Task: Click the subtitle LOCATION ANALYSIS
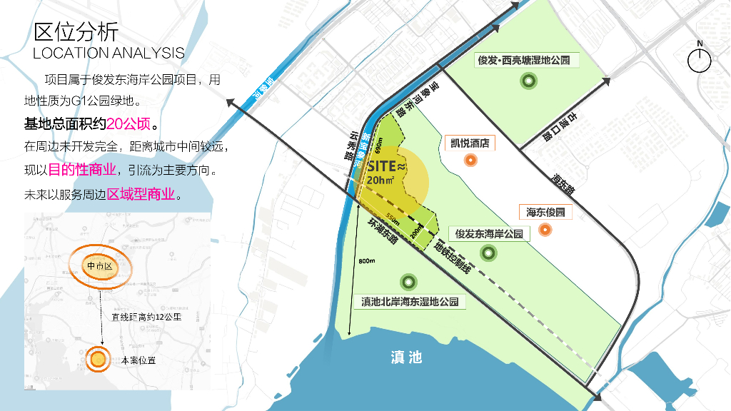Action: tap(109, 53)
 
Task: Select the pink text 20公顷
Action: tap(128, 124)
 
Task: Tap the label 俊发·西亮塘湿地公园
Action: tap(524, 61)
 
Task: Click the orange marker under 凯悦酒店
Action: tap(470, 160)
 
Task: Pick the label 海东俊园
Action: tap(545, 212)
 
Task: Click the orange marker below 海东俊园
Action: tap(545, 229)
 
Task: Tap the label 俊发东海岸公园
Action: tap(489, 233)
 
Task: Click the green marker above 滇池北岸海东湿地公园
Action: tap(409, 283)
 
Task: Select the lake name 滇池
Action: tap(407, 357)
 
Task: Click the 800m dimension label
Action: tap(367, 261)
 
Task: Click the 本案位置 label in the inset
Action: tap(138, 360)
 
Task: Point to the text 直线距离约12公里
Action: tap(147, 317)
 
